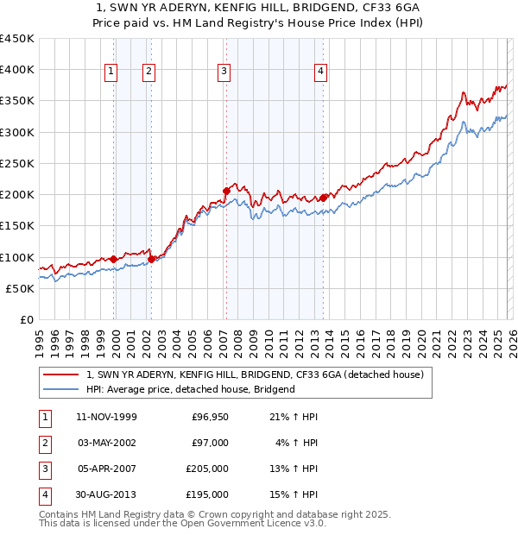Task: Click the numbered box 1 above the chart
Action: coord(112,72)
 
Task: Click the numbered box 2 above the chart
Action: coord(149,72)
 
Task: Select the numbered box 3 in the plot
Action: coord(224,72)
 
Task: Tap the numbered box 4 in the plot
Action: coord(321,72)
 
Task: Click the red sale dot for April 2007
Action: coord(225,191)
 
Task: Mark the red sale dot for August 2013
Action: coord(323,198)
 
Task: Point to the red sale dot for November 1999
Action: coord(113,258)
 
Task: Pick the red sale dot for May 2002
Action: coord(151,258)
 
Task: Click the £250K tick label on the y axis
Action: coord(17,163)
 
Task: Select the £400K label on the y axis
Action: coord(17,70)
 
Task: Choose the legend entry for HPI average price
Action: coord(190,389)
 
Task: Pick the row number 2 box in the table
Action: coord(44,442)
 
